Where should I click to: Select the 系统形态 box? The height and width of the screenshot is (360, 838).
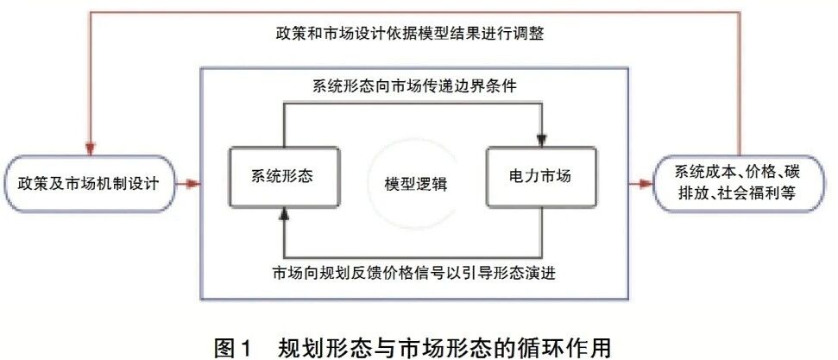tap(284, 177)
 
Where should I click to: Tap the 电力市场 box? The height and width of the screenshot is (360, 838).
tap(541, 177)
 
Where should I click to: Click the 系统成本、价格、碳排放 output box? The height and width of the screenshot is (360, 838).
tap(740, 184)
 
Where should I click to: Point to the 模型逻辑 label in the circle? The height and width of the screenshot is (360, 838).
tap(415, 185)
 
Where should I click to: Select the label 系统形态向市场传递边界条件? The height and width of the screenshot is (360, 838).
tap(414, 85)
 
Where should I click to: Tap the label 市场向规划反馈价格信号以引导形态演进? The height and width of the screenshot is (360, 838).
tap(414, 274)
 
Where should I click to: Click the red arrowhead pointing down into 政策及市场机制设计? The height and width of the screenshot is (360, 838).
tap(91, 148)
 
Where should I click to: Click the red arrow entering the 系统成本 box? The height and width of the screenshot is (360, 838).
tap(641, 184)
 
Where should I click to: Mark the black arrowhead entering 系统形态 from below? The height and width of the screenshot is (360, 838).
tap(284, 214)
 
